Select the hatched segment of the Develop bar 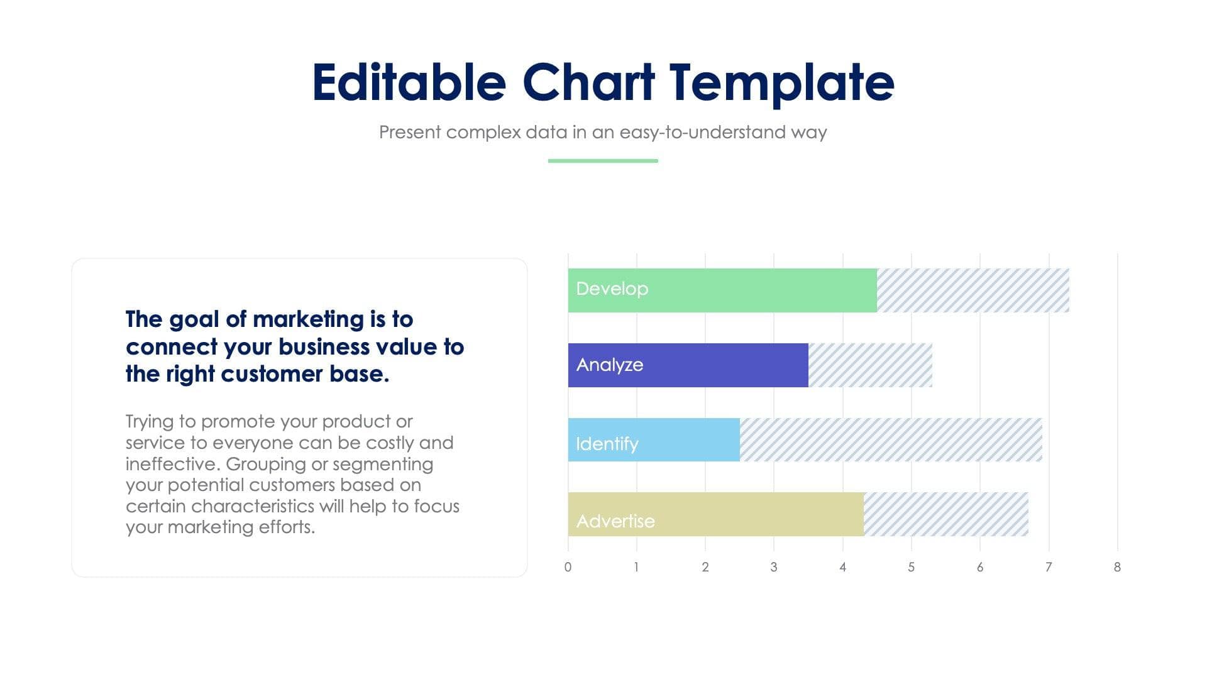973,290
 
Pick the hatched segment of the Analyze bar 870,365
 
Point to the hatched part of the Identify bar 891,439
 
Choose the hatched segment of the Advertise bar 945,514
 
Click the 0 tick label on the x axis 568,567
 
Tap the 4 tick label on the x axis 842,567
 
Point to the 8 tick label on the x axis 1117,567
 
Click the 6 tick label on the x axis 979,567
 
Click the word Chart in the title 588,82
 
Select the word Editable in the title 409,82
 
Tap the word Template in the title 781,82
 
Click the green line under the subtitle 603,161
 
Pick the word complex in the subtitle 483,133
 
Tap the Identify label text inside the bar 607,444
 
